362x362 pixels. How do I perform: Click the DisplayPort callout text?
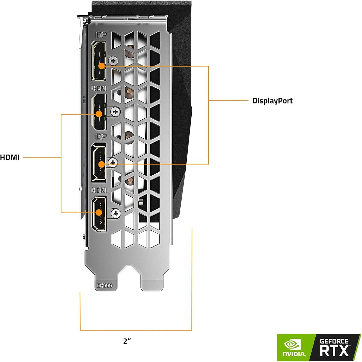coord(272,101)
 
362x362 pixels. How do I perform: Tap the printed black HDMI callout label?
coord(10,158)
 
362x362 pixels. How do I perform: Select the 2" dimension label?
coord(127,341)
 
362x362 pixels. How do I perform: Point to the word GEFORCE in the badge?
coord(334,341)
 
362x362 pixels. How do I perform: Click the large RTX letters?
coord(334,351)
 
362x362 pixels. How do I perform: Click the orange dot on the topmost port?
coord(101,66)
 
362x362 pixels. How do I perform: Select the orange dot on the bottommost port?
coord(99,212)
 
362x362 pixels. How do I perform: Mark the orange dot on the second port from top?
coord(99,114)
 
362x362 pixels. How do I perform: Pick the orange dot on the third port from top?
coord(101,164)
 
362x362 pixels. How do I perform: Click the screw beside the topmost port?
coord(113,61)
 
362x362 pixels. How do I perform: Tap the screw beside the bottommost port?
coord(115,213)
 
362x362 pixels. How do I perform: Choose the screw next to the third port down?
coord(113,163)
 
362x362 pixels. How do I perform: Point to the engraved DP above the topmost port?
coord(101,35)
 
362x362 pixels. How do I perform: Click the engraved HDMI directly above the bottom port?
coord(99,190)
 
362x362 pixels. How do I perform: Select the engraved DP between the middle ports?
coord(101,137)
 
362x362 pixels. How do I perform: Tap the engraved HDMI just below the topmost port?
coord(99,88)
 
